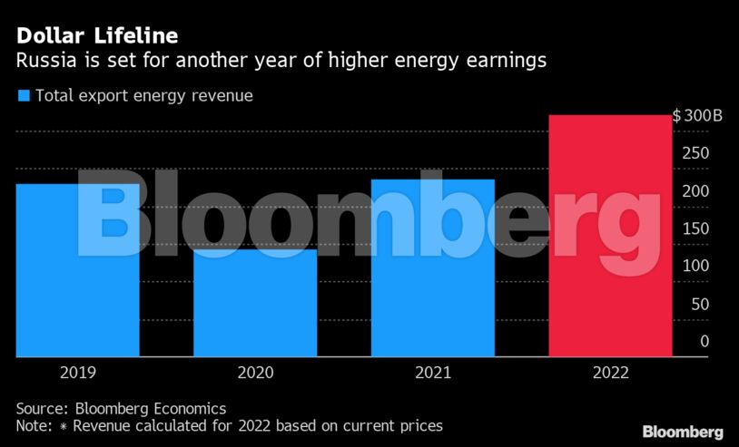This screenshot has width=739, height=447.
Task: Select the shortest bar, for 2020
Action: click(x=255, y=303)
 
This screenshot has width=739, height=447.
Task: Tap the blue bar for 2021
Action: click(x=433, y=267)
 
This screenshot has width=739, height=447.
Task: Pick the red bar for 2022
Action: click(x=610, y=236)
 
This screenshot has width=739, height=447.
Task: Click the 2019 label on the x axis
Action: click(x=78, y=373)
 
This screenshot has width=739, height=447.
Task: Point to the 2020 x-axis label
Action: click(x=255, y=373)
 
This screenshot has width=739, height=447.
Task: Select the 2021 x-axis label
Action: click(x=433, y=373)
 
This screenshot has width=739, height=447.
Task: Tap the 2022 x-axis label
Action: click(x=610, y=373)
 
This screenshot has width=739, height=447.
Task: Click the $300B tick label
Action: click(x=697, y=116)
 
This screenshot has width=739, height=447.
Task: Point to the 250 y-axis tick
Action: click(x=696, y=153)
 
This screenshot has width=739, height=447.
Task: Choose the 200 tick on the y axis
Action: click(x=696, y=191)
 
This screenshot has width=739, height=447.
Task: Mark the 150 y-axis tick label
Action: click(x=696, y=228)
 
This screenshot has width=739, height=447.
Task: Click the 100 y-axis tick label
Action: click(x=696, y=267)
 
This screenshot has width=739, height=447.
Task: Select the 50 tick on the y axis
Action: click(x=700, y=304)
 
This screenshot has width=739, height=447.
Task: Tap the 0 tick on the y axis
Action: click(x=705, y=341)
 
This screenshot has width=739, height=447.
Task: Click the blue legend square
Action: click(x=24, y=95)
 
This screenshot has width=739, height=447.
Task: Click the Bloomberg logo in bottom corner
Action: click(x=683, y=432)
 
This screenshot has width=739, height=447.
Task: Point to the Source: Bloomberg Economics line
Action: click(x=121, y=408)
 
